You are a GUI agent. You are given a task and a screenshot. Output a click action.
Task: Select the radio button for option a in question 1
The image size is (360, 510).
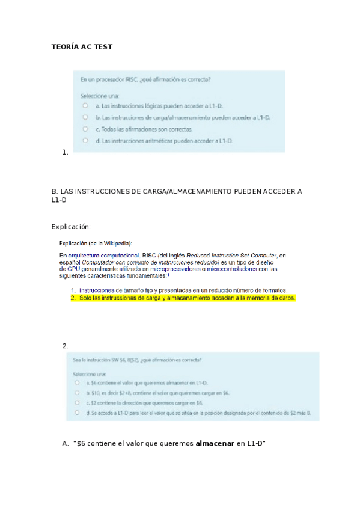coord(85,105)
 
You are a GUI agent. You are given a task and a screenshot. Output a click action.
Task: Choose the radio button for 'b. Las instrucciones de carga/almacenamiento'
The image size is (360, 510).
coord(85,117)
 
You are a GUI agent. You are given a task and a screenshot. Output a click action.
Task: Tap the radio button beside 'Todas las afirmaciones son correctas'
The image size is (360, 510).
coord(85,129)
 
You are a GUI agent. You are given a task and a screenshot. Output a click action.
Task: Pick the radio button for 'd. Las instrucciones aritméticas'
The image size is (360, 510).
coord(85,140)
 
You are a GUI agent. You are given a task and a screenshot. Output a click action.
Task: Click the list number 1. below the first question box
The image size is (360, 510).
coord(65,153)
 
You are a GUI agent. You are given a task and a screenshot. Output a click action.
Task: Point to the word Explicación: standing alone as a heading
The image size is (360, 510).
coord(71,226)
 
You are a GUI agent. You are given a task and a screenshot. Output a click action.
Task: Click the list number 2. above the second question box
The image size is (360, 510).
coord(65,346)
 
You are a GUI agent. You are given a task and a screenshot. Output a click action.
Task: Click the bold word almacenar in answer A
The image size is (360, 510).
coord(215,444)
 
